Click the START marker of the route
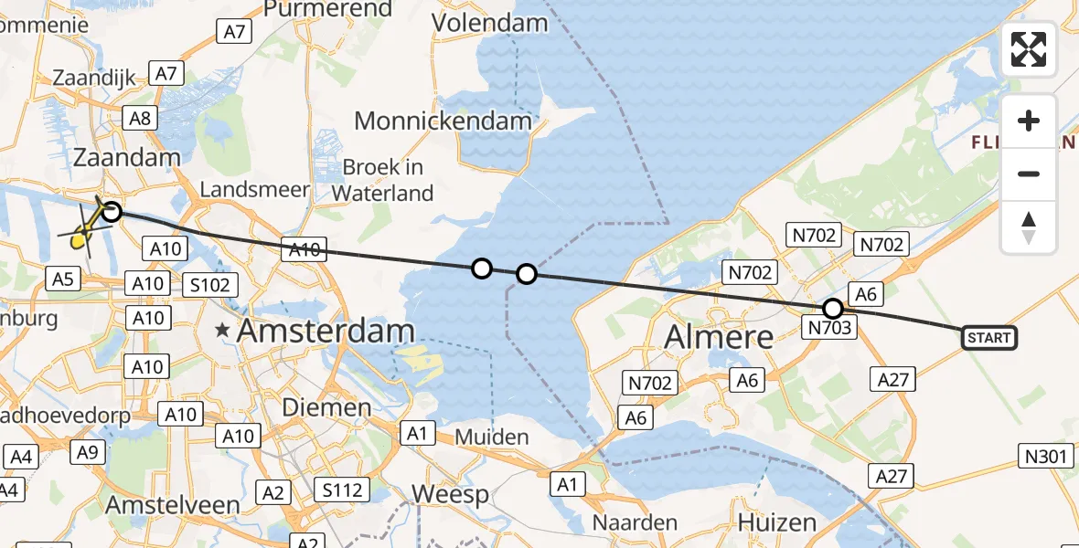tap(989, 338)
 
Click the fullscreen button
tap(1029, 49)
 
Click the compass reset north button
tap(1029, 227)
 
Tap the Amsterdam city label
tap(326, 331)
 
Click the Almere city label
tap(719, 336)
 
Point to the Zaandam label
tap(126, 157)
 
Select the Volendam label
tap(490, 22)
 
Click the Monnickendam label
tap(443, 121)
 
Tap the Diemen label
tap(326, 406)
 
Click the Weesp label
tap(451, 494)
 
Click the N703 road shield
tap(829, 326)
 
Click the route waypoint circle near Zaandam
tap(111, 212)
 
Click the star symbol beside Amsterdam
tap(222, 331)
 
